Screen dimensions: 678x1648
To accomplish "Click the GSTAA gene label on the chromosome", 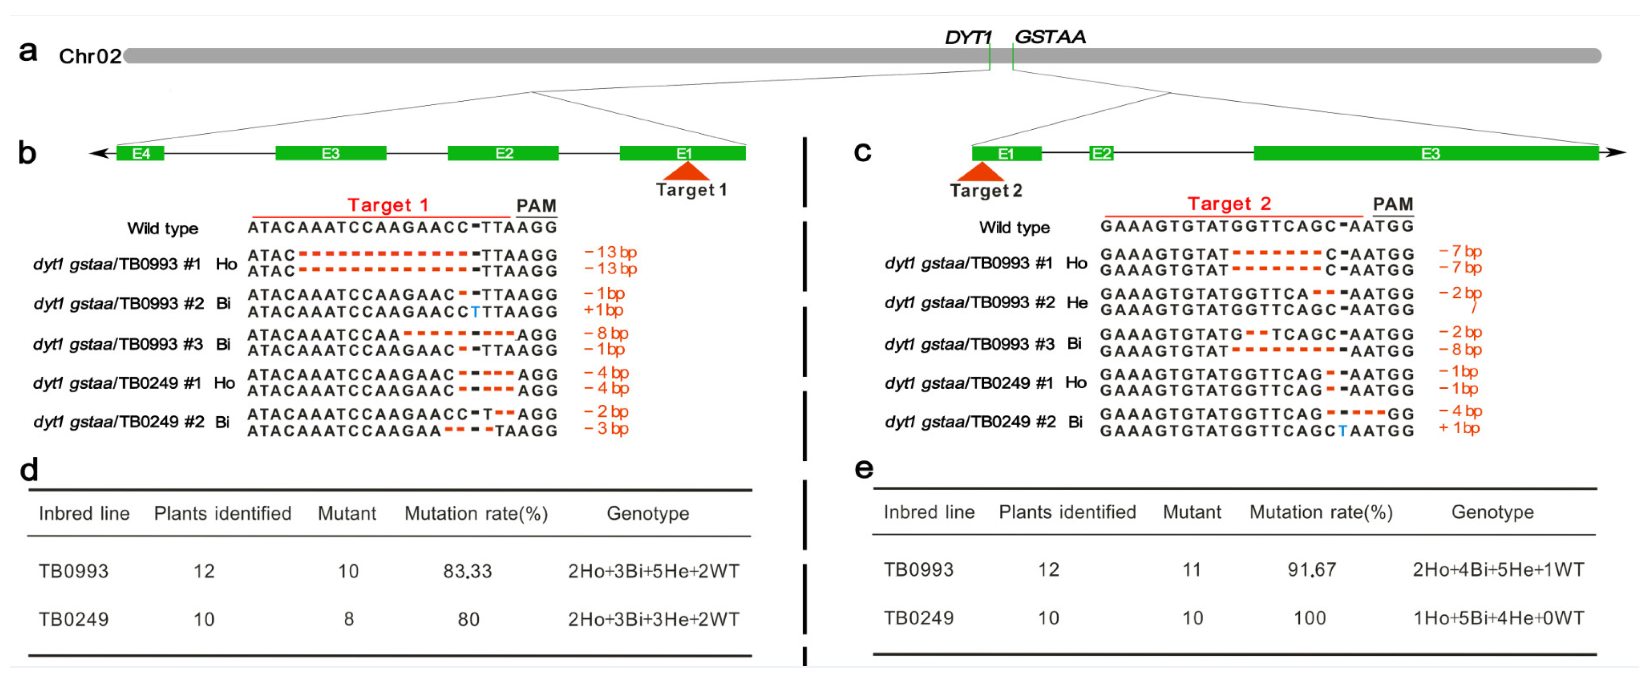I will click(1050, 37).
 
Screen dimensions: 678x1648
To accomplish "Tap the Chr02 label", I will click(90, 56).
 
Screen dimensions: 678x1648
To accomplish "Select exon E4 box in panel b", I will click(140, 153).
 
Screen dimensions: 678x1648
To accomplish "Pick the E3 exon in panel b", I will click(330, 153).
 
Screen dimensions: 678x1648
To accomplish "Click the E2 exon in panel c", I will click(1101, 153).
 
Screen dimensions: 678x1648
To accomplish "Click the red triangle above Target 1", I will click(686, 171).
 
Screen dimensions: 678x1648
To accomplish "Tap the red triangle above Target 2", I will click(980, 171).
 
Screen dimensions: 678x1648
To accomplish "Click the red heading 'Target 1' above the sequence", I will click(388, 205).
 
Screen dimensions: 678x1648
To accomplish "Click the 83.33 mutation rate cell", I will click(468, 570).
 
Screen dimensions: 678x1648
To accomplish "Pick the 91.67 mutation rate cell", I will click(1311, 569).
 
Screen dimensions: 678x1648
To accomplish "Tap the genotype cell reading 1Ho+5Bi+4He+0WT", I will click(1498, 618).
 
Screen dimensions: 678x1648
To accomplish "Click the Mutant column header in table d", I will click(347, 514).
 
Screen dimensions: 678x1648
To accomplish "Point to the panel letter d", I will click(29, 469).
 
